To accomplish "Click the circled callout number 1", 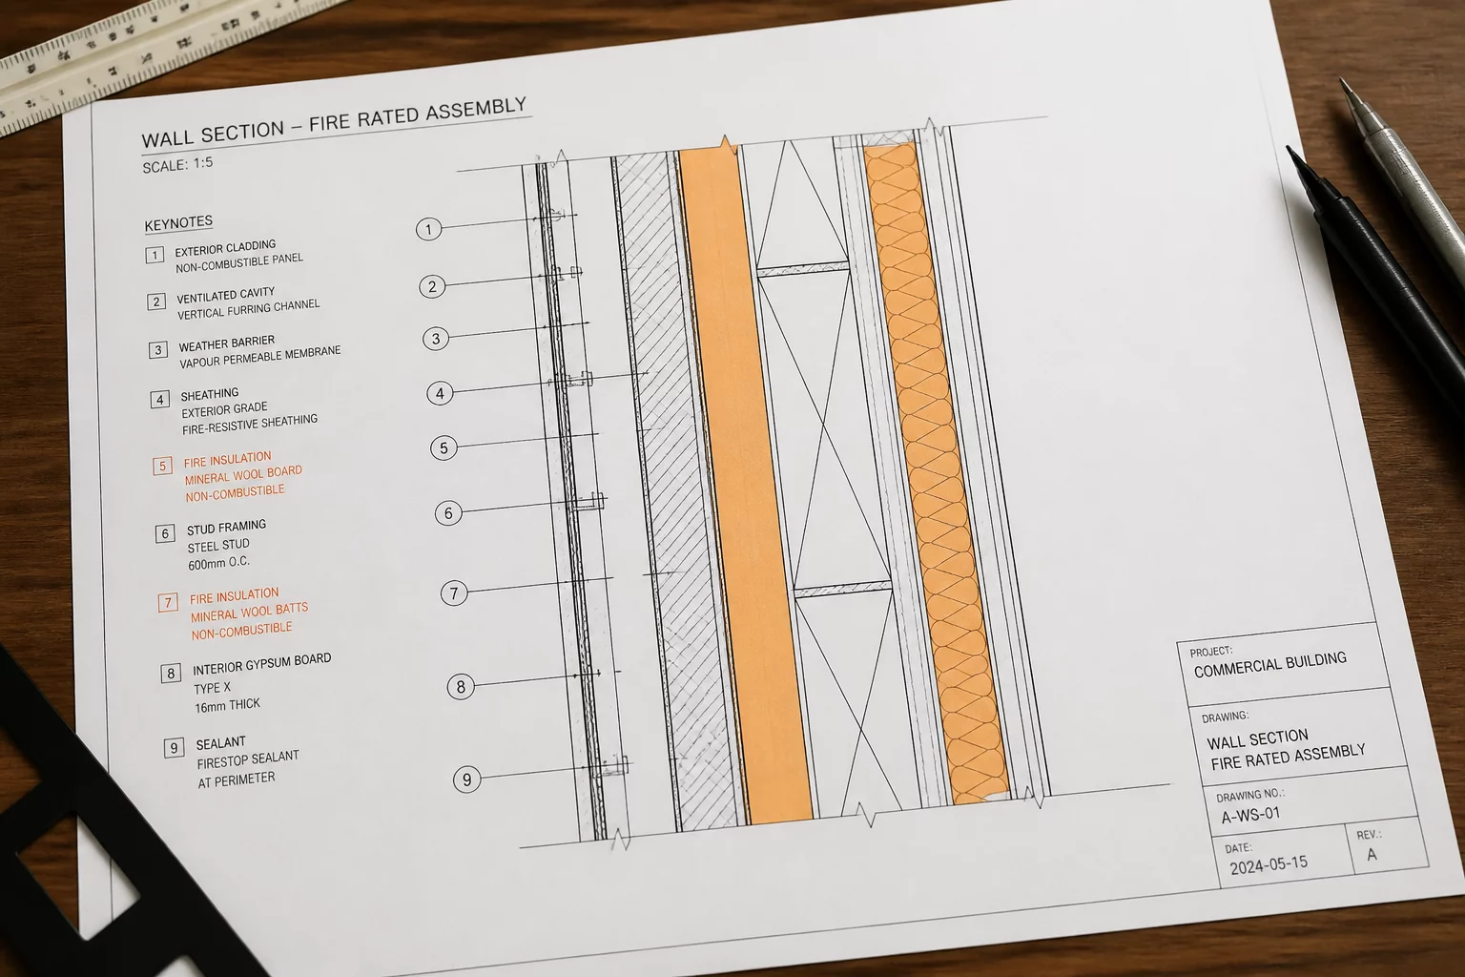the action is (x=429, y=229).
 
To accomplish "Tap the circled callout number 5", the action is (x=444, y=448).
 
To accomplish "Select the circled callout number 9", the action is (x=467, y=780).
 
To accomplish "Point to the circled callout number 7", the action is (x=454, y=593).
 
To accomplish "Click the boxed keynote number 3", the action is (x=157, y=350).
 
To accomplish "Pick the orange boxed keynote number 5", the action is (x=163, y=466).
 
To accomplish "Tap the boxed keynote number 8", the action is (x=171, y=674).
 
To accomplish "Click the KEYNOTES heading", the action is (x=178, y=223).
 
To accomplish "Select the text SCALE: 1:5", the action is (x=178, y=164).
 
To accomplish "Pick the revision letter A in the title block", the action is (x=1372, y=855).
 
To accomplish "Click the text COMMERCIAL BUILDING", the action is (x=1270, y=665).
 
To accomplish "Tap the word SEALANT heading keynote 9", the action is (x=221, y=743).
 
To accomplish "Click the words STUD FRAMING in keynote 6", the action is (x=226, y=527).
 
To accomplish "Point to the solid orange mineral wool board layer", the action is (x=746, y=485).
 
